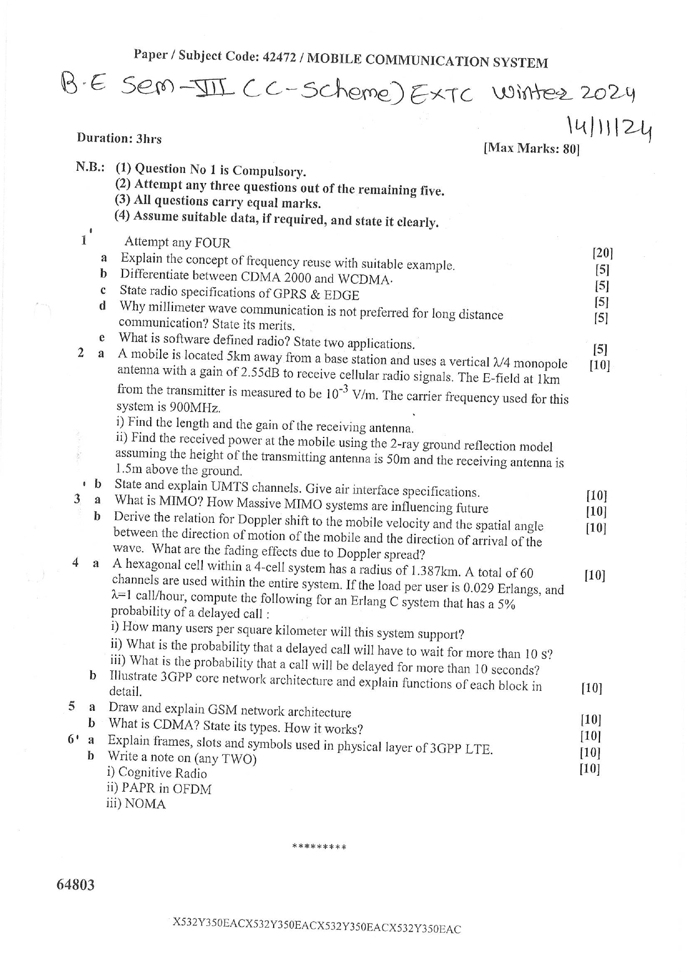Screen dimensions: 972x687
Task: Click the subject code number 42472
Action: pos(281,57)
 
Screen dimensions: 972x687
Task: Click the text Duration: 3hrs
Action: pos(119,138)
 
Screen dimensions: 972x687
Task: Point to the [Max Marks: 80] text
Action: pos(531,149)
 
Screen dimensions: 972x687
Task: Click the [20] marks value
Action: pos(602,253)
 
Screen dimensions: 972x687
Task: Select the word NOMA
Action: pos(145,804)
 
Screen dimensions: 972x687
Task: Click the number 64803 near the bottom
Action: pos(75,884)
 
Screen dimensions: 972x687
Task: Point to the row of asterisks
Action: pos(319,847)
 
